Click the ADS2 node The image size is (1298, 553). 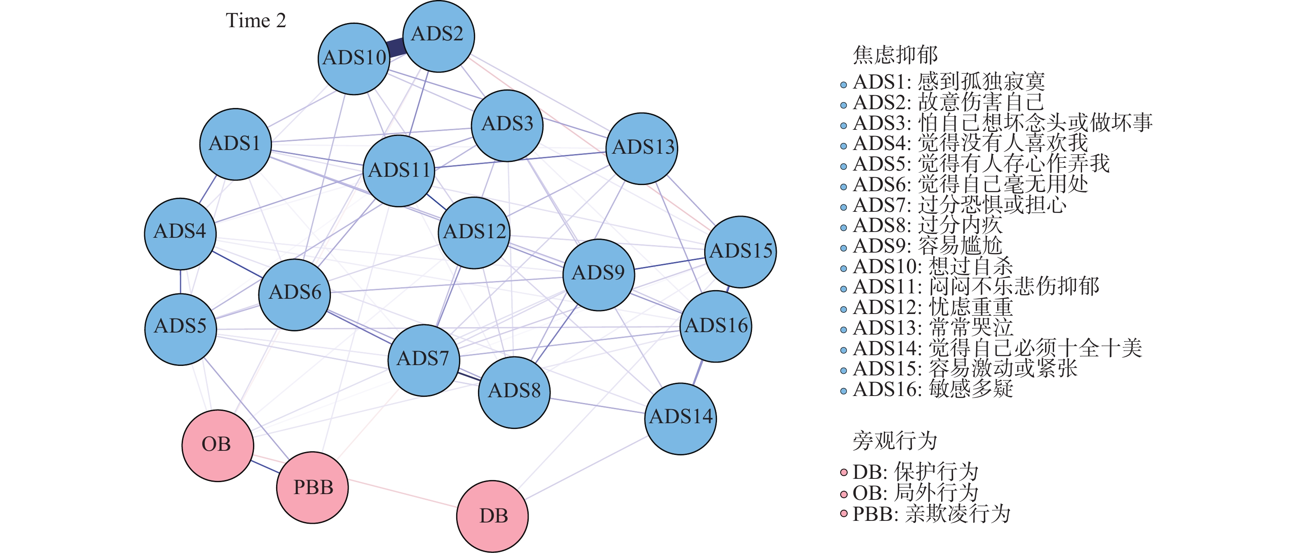pos(438,36)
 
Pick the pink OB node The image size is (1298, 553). pos(217,445)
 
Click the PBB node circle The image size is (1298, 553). pos(312,487)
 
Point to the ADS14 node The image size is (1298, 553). pos(680,418)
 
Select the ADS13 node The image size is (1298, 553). pos(642,148)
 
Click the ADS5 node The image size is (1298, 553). pos(180,329)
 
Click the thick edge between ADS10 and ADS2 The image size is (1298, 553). pos(396,47)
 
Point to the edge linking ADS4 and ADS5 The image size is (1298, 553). pos(180,281)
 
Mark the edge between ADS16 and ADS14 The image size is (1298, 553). pos(698,373)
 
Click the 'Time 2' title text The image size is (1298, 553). pos(256,21)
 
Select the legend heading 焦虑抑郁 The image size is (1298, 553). pos(895,54)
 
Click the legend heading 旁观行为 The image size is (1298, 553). pos(895,441)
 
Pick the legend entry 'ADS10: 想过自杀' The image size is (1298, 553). pos(932,266)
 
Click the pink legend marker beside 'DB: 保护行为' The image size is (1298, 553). pos(844,472)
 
